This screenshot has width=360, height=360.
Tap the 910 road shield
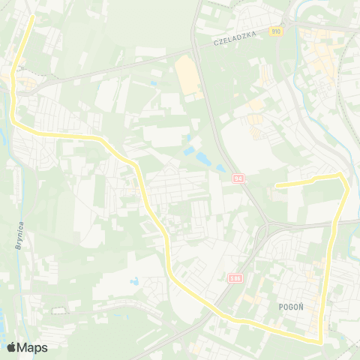coord(277,31)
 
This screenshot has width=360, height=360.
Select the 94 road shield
coord(238,178)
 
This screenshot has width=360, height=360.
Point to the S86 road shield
coord(235,277)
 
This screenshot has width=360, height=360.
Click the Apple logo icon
coord(11,347)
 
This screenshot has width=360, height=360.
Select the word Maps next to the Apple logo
coord(33,347)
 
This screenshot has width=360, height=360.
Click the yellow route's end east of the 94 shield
coord(277,184)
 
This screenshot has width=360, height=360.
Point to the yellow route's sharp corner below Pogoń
coord(322,341)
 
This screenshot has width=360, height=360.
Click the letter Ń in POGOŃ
coord(301,306)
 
